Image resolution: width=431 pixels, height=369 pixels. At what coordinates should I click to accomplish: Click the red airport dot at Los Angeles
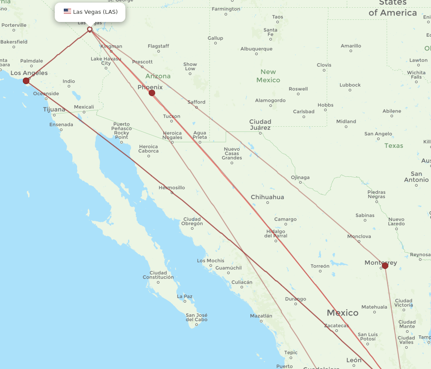pos(26,81)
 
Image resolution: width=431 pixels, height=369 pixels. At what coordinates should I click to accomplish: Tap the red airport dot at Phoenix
pos(152,93)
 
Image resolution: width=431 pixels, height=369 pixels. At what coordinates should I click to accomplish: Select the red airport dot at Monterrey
pos(385,266)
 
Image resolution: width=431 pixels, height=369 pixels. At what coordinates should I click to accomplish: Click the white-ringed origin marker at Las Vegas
pos(90,29)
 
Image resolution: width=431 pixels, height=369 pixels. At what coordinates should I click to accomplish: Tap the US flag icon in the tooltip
pos(67,12)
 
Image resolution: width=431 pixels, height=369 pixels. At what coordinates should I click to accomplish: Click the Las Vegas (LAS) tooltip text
pos(95,12)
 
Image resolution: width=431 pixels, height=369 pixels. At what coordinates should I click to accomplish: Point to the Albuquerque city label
pos(256,49)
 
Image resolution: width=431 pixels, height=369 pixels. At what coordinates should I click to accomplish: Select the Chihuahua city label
pos(268,197)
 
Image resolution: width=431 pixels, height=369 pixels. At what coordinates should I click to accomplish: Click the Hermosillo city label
pos(172,188)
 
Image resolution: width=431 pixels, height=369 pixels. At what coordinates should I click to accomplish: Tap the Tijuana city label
pos(54,109)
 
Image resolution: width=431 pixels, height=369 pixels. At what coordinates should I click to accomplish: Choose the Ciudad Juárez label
pos(260,125)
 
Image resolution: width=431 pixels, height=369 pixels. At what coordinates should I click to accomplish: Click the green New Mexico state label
pos(268,76)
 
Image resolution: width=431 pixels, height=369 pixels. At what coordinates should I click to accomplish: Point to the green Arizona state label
pos(158,76)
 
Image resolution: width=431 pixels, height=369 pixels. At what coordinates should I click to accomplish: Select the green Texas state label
pos(394,146)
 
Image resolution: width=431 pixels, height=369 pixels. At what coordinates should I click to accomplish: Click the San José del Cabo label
pos(197,317)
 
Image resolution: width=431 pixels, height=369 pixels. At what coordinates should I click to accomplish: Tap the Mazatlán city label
pos(261,316)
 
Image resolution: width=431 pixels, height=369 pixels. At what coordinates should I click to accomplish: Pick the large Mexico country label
pos(342,313)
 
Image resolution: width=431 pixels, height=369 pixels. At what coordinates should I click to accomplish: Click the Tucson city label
pos(172,116)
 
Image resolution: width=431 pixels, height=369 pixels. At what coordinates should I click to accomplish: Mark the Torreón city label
pos(320,266)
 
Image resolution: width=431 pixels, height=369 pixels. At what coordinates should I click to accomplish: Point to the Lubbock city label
pos(350,85)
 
